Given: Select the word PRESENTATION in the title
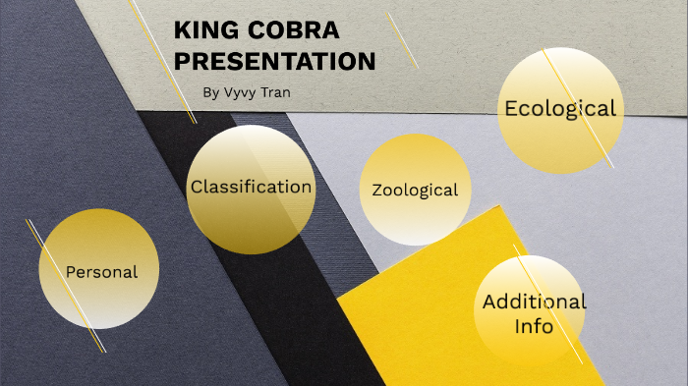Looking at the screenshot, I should click(274, 61).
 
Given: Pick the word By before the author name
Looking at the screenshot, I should click(210, 93).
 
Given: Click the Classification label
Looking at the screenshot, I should click(252, 187).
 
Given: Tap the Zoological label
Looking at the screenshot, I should click(415, 190).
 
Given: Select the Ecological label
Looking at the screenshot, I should click(560, 108).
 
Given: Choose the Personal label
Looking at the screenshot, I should click(101, 271).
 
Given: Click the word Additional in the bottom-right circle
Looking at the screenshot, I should click(534, 302).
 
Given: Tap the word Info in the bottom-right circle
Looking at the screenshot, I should click(534, 325).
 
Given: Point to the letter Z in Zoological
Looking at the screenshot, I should click(377, 190).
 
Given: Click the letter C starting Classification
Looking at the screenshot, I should click(197, 187).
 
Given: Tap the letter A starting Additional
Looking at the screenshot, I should click(489, 302).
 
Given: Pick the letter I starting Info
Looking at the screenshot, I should click(518, 325).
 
